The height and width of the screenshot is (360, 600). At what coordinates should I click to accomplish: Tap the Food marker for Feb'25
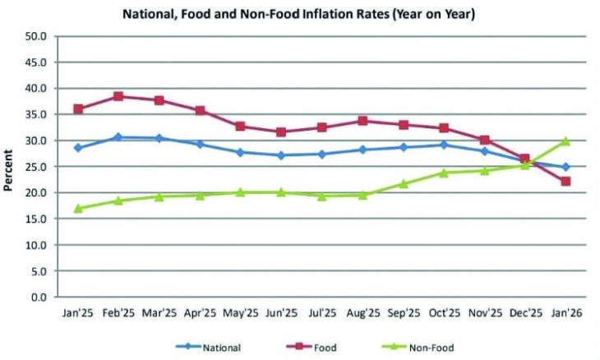click(x=118, y=96)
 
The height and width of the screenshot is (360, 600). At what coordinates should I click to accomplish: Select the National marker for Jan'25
click(x=78, y=148)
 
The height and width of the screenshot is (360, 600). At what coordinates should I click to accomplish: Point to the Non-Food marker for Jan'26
click(x=565, y=141)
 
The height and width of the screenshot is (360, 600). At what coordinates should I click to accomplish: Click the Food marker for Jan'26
click(x=565, y=181)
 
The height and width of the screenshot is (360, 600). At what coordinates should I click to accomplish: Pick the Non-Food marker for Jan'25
click(x=78, y=208)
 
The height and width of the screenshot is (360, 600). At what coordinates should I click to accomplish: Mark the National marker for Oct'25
click(x=444, y=145)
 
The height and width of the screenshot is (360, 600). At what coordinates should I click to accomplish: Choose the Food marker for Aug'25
click(x=362, y=121)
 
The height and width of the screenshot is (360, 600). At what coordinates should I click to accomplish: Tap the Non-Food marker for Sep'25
click(x=403, y=183)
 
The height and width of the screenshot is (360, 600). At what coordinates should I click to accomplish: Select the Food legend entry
click(x=317, y=347)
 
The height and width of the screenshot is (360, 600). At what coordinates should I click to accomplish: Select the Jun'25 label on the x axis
click(x=281, y=314)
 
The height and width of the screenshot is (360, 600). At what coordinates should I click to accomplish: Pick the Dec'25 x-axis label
click(x=524, y=314)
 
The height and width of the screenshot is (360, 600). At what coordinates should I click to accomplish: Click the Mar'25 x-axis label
click(x=159, y=314)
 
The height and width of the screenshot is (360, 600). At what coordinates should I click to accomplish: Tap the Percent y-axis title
click(x=10, y=168)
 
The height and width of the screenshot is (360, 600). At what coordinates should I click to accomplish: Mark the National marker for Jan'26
click(x=565, y=167)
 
